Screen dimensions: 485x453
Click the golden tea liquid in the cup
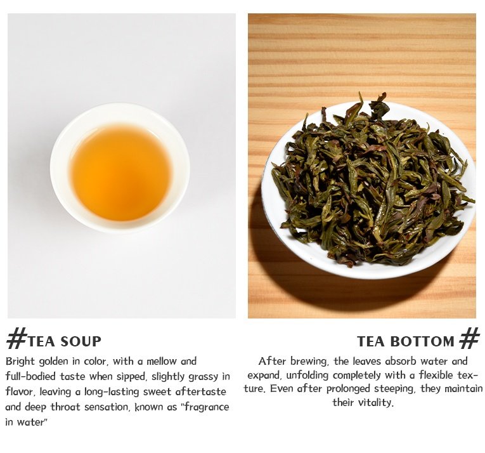coord(120,173)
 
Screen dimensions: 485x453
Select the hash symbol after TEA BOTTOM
coord(470,338)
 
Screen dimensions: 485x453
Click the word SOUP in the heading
coord(81,341)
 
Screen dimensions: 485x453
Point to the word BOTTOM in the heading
coord(422,341)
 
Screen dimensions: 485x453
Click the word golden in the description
coord(55,362)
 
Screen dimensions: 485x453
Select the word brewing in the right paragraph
coord(308,362)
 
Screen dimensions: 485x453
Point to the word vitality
coord(376,402)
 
